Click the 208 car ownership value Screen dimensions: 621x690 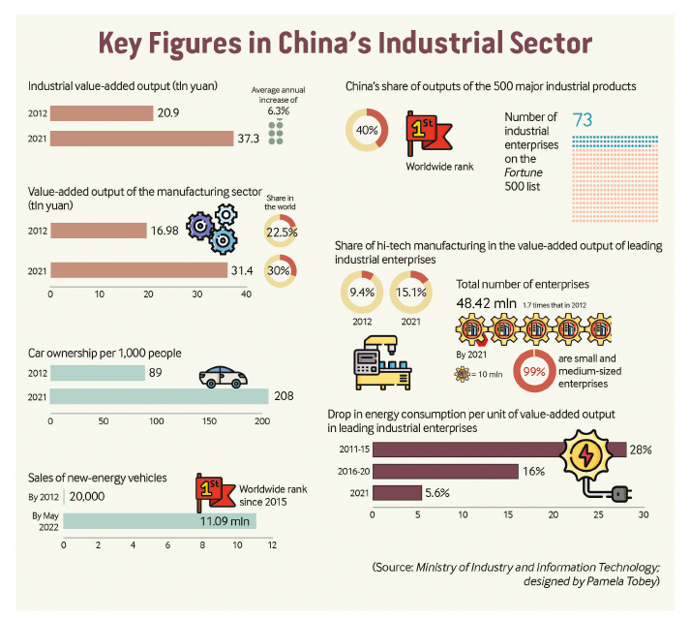[283, 396]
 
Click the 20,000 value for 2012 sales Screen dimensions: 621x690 [89, 494]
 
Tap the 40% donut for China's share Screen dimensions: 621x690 [367, 131]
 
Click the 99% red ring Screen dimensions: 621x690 [504, 371]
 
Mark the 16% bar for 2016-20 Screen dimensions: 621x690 [445, 472]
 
